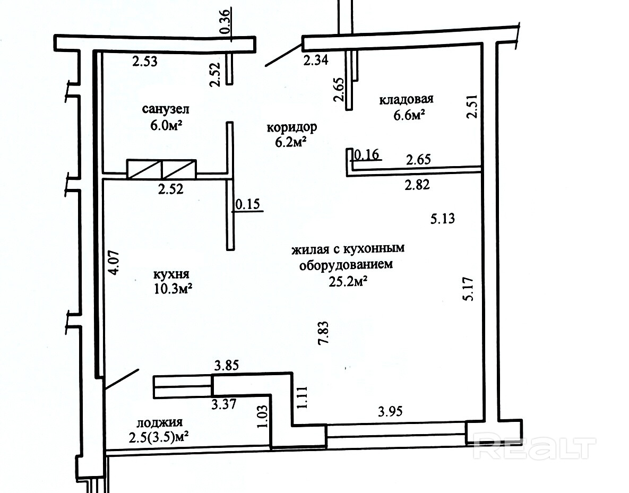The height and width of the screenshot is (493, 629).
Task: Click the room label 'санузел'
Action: (x=166, y=109)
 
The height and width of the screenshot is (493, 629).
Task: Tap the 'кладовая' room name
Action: (x=407, y=99)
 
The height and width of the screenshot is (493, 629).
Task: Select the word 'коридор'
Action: (x=292, y=127)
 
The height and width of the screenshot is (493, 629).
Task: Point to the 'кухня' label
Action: (x=171, y=275)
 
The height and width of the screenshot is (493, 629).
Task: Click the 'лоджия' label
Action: (x=160, y=422)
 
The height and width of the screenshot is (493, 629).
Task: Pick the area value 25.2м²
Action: (x=349, y=282)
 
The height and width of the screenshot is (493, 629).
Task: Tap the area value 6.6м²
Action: (x=409, y=116)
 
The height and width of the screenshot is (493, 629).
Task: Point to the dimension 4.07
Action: (x=114, y=262)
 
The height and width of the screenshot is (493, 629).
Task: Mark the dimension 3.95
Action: (x=390, y=411)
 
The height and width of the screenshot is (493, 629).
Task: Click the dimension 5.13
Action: (x=443, y=219)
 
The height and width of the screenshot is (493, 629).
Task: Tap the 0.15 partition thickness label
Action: (x=248, y=204)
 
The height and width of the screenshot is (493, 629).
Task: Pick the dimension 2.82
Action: (x=417, y=185)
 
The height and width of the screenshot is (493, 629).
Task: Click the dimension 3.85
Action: (x=227, y=365)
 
